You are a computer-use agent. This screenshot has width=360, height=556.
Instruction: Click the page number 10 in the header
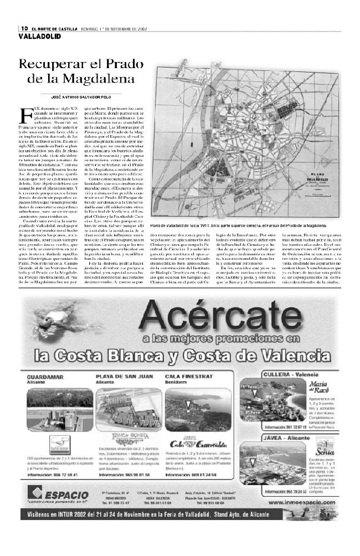[x=24, y=29]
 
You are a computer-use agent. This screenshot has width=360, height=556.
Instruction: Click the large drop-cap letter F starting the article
[x=25, y=116]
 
